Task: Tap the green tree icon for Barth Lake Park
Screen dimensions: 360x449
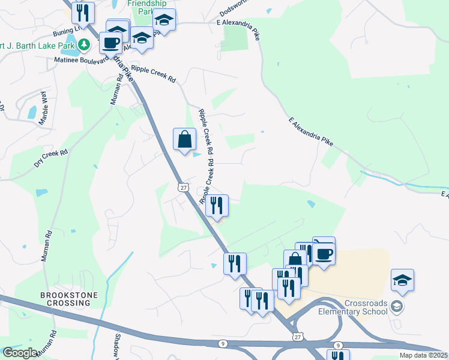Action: coord(85,44)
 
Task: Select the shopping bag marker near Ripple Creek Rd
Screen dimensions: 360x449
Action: coord(185,139)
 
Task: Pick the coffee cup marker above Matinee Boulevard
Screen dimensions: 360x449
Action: coord(110,42)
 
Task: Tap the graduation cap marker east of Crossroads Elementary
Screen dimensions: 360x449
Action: coord(402,280)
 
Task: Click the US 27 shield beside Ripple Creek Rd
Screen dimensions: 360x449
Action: coord(183,188)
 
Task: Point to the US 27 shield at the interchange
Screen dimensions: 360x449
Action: coord(297,337)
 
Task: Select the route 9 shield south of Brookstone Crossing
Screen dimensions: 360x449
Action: coord(222,343)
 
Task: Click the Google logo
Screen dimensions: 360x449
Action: coord(20,353)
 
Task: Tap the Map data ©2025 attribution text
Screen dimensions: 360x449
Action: coord(423,355)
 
